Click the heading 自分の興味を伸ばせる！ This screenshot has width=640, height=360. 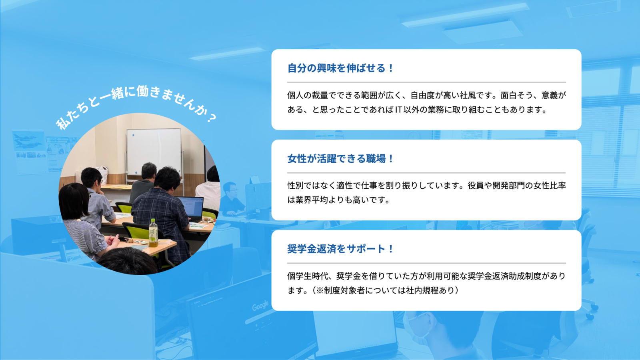[x=341, y=68]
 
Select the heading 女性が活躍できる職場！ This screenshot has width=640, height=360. [x=341, y=159]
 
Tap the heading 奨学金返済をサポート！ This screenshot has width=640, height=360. [x=341, y=249]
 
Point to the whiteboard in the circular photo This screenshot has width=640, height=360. [x=154, y=152]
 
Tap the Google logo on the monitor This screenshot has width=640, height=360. [x=260, y=306]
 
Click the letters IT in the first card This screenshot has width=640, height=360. [x=398, y=110]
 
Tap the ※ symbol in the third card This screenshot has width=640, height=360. [x=320, y=290]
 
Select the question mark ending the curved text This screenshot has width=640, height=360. [x=212, y=118]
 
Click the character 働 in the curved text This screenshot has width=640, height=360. [x=143, y=91]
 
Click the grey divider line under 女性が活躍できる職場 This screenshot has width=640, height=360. [x=426, y=173]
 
